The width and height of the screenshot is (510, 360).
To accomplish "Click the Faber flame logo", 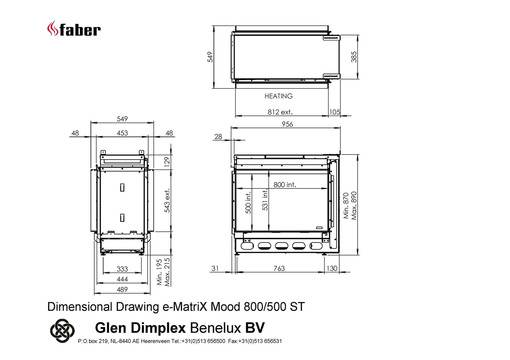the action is tap(52, 28).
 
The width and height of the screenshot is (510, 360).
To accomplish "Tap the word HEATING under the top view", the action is tap(278, 96).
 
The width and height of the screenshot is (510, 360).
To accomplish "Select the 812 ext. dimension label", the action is tap(280, 112).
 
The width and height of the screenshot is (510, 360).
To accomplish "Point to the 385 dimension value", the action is tap(354, 57).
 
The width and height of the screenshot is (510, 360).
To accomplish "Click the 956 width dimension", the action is tap(287, 124).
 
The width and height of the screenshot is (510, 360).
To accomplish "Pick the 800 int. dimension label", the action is tap(285, 184).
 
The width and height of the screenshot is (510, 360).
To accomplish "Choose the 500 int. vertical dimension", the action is tap(248, 202).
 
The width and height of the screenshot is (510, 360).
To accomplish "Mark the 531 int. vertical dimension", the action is tap(265, 200).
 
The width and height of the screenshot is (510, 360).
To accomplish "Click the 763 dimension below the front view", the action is tap(279, 268).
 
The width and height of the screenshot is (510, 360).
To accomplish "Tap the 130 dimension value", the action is tap(332, 268).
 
